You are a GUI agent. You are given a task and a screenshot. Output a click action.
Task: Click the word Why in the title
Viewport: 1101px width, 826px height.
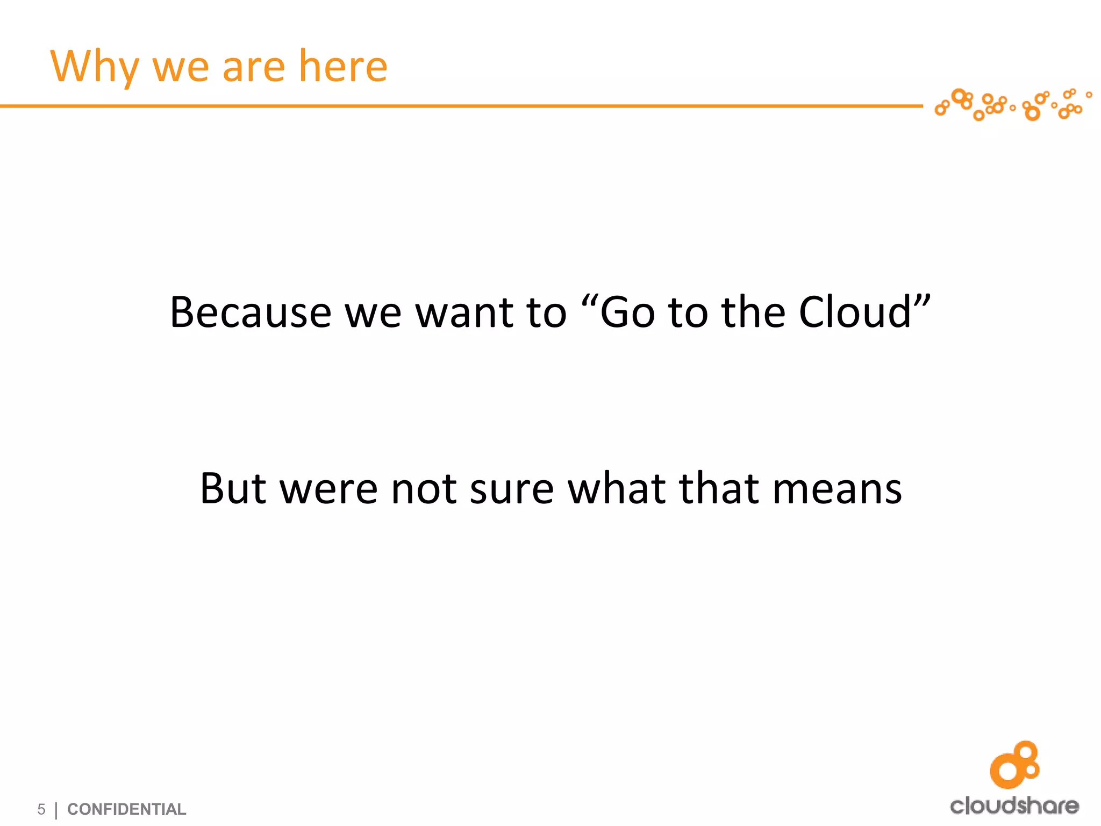[95, 67]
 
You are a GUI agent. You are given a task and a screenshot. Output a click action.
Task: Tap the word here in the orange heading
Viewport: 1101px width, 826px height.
[342, 67]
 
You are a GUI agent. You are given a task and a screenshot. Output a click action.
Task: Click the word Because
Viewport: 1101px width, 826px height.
[251, 312]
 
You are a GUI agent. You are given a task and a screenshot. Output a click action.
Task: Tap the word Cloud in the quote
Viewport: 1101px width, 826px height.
[855, 312]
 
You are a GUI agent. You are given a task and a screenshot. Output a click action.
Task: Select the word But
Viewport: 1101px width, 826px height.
[233, 489]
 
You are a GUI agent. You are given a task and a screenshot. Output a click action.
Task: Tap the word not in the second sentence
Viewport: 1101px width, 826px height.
[424, 489]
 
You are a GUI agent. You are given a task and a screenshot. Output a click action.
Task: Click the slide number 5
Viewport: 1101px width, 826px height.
[41, 809]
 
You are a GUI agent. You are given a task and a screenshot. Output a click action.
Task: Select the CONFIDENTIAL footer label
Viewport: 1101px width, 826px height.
[127, 809]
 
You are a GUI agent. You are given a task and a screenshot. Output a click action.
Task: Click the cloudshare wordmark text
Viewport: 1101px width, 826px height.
[1014, 806]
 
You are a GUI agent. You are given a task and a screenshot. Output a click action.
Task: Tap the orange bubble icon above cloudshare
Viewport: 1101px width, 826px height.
[1015, 765]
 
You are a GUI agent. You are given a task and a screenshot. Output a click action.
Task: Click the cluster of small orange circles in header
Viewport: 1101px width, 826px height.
[1013, 104]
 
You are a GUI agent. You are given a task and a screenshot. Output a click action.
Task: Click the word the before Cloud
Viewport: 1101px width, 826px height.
[753, 312]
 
